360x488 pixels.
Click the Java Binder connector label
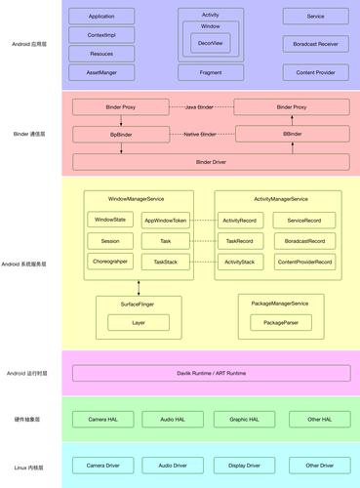(201, 105)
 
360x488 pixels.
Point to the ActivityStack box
(239, 262)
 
